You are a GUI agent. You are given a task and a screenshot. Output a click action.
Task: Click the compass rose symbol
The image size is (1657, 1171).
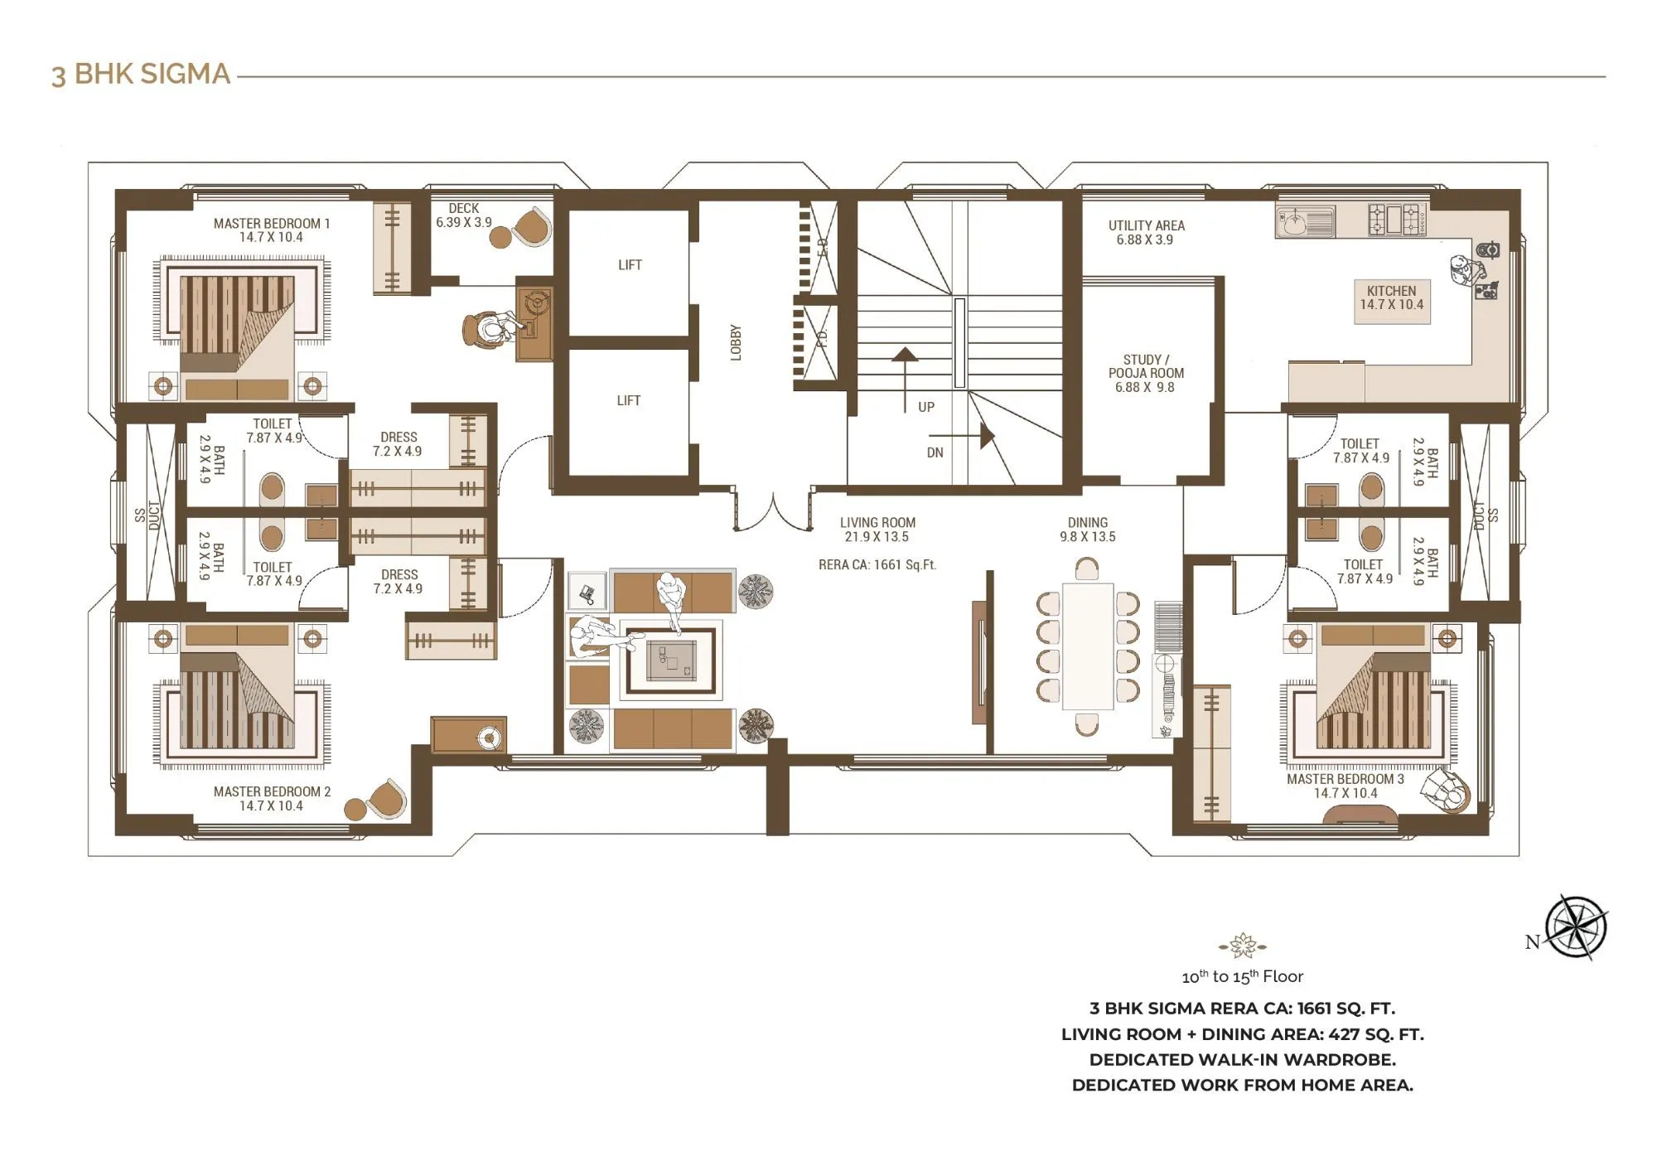click(1577, 927)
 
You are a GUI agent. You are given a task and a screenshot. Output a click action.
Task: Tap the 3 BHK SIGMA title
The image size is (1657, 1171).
click(141, 75)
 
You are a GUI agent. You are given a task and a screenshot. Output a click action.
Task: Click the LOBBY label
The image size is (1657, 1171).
click(736, 342)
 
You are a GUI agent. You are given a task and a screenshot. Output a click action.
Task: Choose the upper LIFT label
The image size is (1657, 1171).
click(630, 265)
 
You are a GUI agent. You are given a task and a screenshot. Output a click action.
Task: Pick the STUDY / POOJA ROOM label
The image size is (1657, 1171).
click(1146, 373)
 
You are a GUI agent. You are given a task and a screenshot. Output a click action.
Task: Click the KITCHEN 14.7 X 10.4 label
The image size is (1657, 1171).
click(1392, 298)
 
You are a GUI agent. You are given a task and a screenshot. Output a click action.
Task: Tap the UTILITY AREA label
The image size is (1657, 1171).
click(1146, 232)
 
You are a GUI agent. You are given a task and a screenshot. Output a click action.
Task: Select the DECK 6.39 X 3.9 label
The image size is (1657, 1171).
click(464, 215)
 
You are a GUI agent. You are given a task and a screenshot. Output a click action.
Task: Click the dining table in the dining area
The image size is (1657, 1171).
click(1087, 646)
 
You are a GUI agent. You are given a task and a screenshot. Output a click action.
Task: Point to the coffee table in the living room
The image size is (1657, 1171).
click(671, 661)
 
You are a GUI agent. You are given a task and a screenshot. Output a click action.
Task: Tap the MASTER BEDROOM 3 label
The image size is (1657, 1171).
click(1345, 786)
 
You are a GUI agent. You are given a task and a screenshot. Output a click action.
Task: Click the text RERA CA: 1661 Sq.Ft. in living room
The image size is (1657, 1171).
click(877, 565)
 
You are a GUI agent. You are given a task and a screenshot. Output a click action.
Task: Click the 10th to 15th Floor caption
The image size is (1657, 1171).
click(1242, 976)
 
